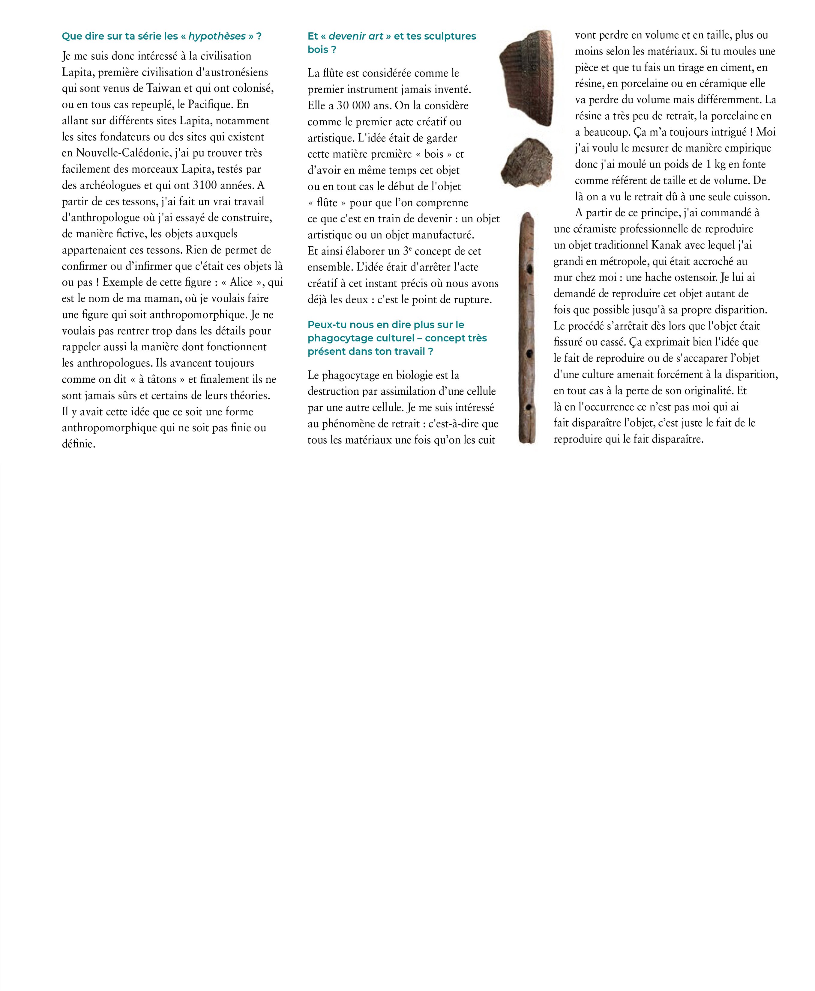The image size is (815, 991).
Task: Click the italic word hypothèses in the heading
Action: pos(217,37)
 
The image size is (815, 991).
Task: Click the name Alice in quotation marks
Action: pos(241,282)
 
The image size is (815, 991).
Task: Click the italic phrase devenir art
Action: pos(356,37)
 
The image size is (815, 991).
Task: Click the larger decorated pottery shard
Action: pos(527,77)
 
